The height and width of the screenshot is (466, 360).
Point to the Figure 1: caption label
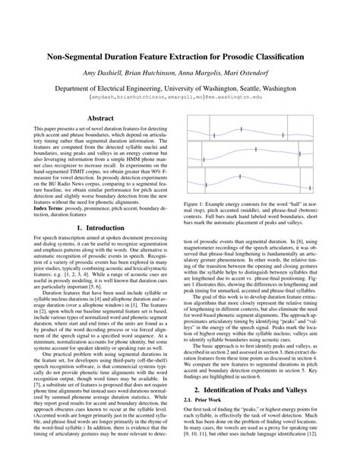pyautogui.click(x=197, y=204)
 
